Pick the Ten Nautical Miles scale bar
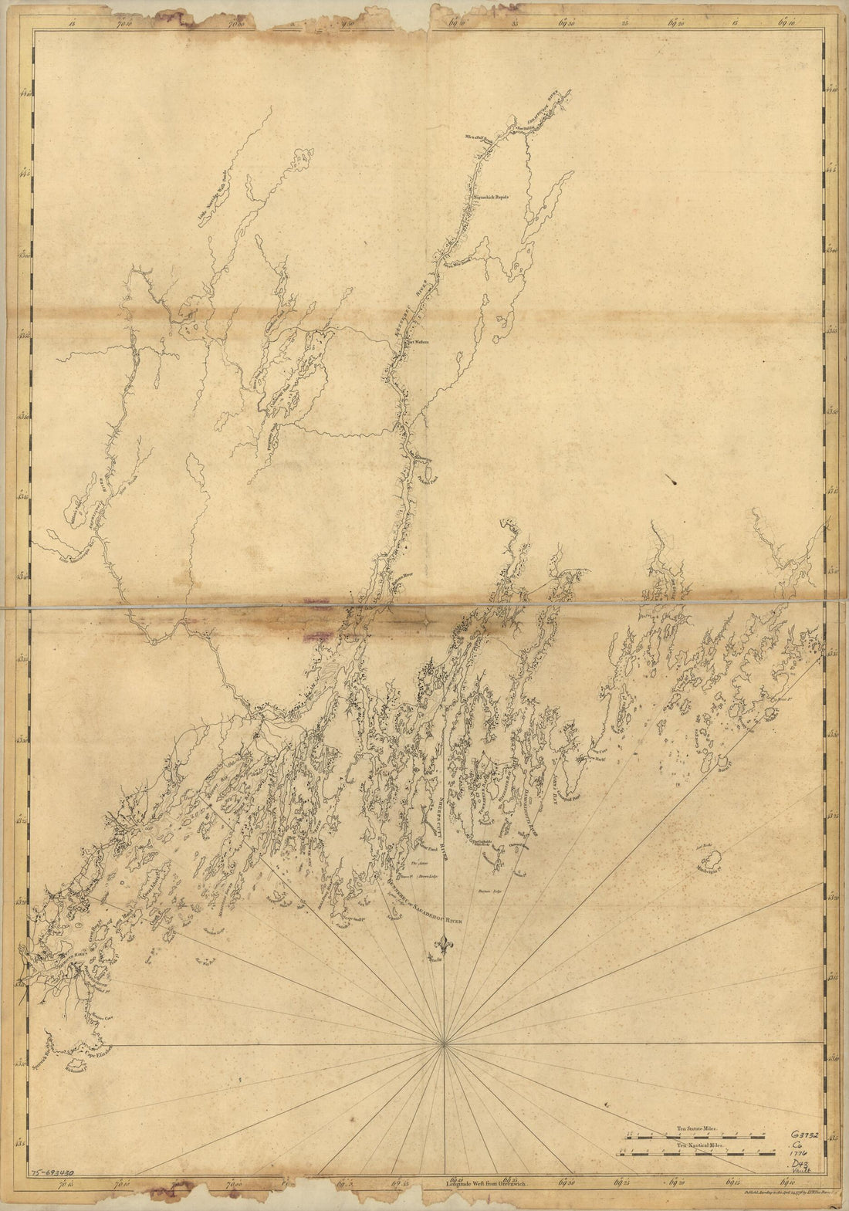pos(696,1155)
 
